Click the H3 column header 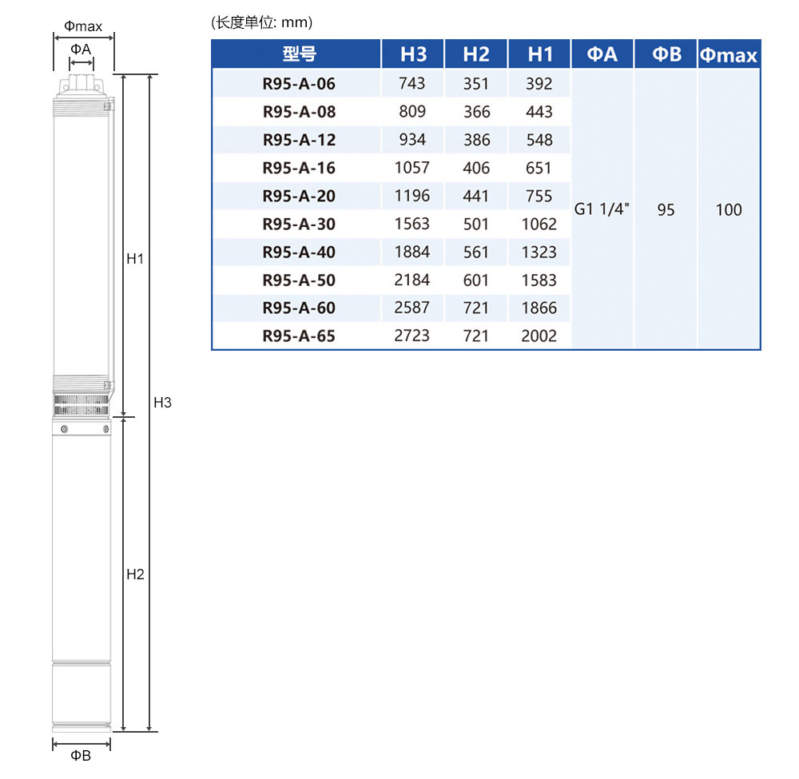[413, 54]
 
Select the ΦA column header [602, 54]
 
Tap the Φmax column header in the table [728, 54]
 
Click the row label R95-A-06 [299, 84]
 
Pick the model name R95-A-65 [299, 336]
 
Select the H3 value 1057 [411, 168]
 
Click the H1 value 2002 [539, 336]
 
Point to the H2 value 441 [476, 196]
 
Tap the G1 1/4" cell [602, 209]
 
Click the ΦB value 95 [666, 209]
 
